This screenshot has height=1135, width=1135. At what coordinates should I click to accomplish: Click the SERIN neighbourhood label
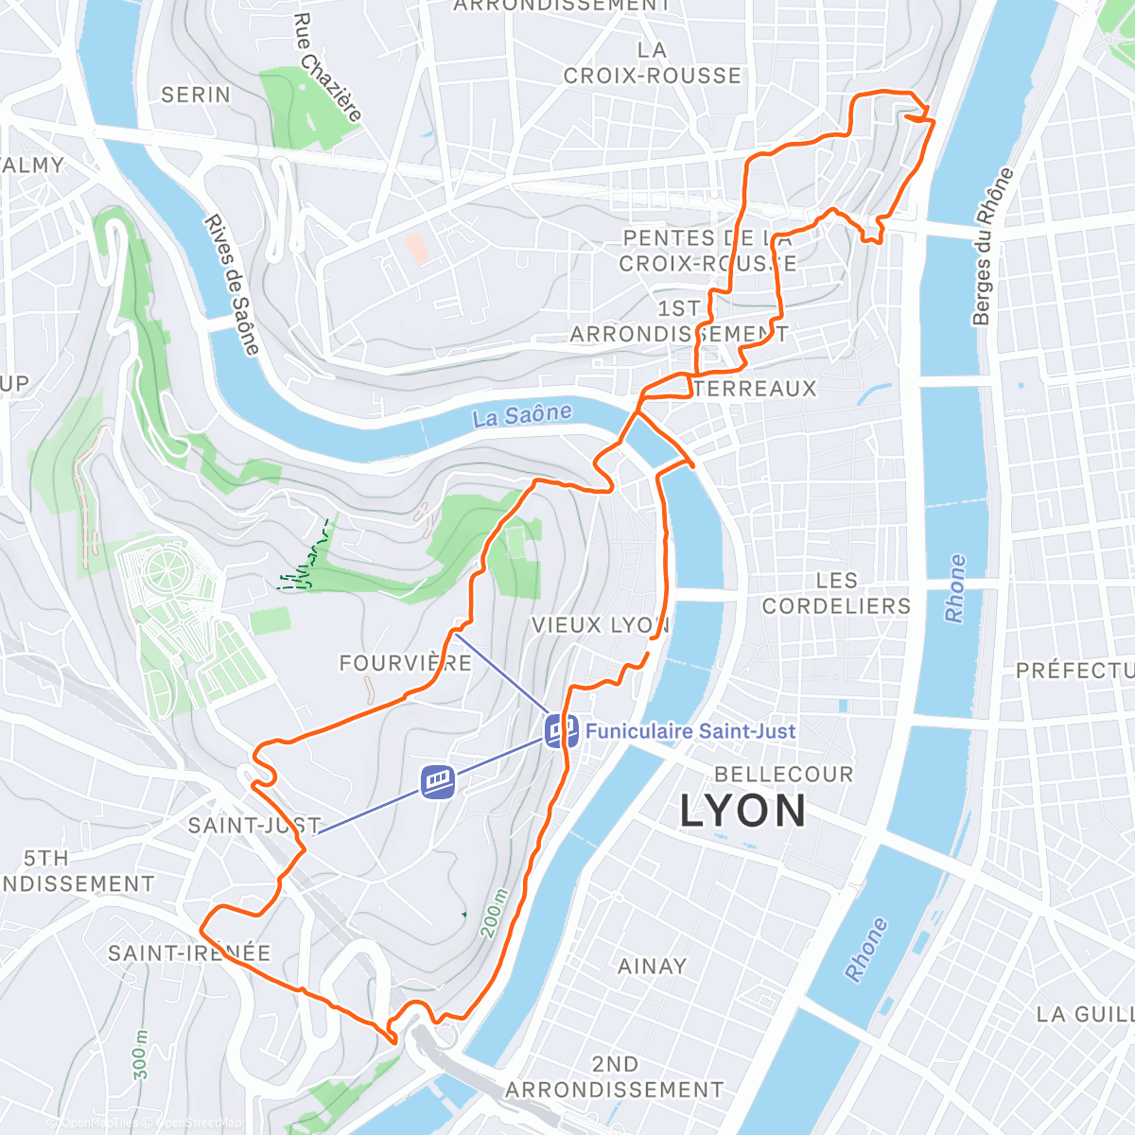point(196,95)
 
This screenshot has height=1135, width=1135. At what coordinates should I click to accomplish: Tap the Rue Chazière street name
point(327,68)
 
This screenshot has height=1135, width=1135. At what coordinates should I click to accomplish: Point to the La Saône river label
point(522,415)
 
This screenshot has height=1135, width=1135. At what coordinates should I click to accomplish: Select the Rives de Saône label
point(232,285)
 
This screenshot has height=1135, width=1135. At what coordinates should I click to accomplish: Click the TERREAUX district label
point(755,389)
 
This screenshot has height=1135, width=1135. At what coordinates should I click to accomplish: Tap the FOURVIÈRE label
point(405,663)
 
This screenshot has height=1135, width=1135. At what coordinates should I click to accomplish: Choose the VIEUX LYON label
point(600,625)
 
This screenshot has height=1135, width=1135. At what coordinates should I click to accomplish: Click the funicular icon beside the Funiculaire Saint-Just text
point(561,730)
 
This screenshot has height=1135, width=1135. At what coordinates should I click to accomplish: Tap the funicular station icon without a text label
point(438,782)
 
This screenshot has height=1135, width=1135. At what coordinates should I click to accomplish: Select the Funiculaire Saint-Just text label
point(690,731)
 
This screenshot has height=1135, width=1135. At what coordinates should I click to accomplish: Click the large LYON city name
point(743,812)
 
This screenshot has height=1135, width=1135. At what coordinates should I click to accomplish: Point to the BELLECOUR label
point(783,775)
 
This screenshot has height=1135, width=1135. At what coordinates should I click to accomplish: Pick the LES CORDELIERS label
point(836,593)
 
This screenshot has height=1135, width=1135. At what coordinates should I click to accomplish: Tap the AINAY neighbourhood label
point(652,967)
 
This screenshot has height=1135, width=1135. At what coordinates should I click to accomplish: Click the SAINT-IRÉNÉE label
point(189,952)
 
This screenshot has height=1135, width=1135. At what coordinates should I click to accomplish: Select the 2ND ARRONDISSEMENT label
point(614,1077)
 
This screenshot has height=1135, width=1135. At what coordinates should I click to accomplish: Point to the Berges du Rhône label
point(993,247)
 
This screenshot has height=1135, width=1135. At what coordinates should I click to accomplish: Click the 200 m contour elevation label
point(495,914)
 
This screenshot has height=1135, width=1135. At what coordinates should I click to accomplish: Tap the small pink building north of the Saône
point(416,248)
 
